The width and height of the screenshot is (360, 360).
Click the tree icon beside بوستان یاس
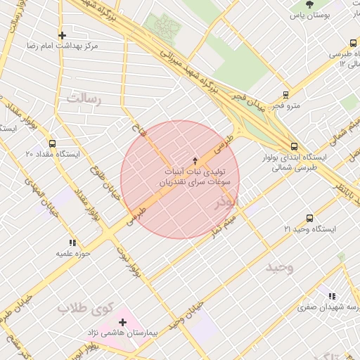tap(310, 5)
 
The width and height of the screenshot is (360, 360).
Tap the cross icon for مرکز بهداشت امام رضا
tap(63, 34)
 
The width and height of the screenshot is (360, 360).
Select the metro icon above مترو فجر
tap(285, 94)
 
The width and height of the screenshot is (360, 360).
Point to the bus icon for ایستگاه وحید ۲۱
tap(310, 219)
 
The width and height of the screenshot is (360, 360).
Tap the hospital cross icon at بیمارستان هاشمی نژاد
tap(123, 322)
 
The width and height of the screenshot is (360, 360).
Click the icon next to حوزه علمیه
tap(72, 243)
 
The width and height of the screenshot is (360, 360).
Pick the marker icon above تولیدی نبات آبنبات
tap(195, 160)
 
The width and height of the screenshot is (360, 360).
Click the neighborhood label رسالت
tap(84, 99)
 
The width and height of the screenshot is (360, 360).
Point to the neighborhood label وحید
tap(279, 267)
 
